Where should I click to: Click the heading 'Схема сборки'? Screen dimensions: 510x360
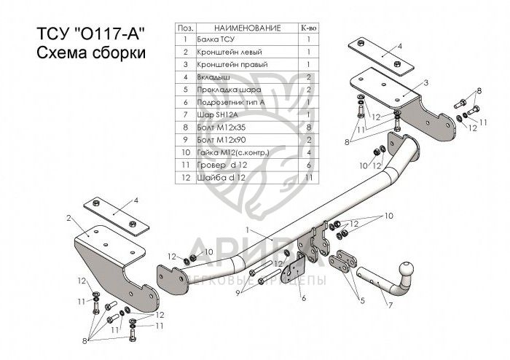(91, 52)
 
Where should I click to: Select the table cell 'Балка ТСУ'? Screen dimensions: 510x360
(216, 39)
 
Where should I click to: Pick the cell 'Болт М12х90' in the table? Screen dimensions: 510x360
(221, 140)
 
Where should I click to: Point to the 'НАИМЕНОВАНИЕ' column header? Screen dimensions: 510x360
(247, 28)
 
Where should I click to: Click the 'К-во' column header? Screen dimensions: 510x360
(308, 28)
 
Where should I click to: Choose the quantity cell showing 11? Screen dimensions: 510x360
(309, 178)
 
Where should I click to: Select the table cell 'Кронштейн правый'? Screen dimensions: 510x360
(232, 64)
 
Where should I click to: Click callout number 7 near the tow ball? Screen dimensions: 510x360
(389, 305)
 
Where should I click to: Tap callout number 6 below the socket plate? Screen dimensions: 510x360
(304, 298)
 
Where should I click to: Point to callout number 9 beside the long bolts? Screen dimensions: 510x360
(238, 293)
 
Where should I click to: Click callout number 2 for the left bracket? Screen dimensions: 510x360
(68, 218)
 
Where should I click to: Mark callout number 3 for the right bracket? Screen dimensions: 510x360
(426, 83)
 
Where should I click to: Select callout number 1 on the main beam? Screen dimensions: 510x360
(247, 230)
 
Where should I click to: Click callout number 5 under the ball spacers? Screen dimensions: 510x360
(362, 300)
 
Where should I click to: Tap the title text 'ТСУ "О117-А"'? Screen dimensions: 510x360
(90, 34)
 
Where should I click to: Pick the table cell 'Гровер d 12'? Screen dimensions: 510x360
(222, 165)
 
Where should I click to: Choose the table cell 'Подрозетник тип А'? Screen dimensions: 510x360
(231, 102)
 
